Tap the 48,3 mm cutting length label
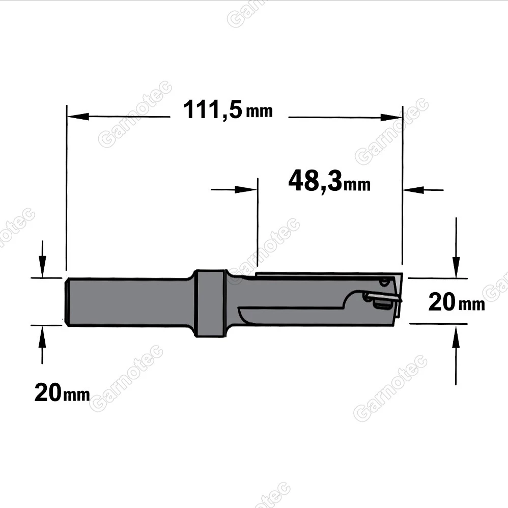[329, 181]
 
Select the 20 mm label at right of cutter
[456, 302]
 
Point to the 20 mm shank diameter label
[62, 392]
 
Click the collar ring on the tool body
[209, 303]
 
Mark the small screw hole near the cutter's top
[384, 281]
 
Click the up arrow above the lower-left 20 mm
[42, 337]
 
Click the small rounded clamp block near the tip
[381, 303]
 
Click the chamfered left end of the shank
[66, 301]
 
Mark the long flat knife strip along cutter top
[326, 275]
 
